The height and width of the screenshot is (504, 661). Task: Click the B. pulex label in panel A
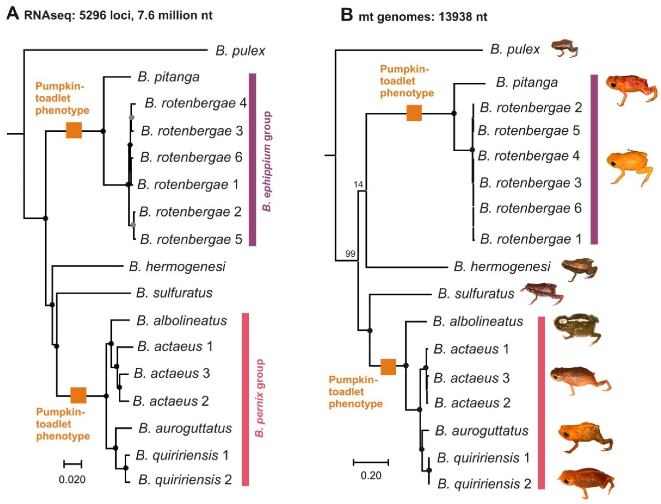tap(240, 51)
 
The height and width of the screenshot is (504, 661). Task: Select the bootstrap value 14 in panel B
tap(358, 184)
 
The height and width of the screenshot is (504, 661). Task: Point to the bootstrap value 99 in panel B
tap(350, 254)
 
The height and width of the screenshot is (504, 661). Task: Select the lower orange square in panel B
tap(388, 367)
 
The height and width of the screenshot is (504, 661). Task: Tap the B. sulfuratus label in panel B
tap(476, 293)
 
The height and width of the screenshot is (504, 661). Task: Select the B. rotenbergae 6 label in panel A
tap(191, 157)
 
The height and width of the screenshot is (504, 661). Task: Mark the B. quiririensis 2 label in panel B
tap(484, 484)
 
